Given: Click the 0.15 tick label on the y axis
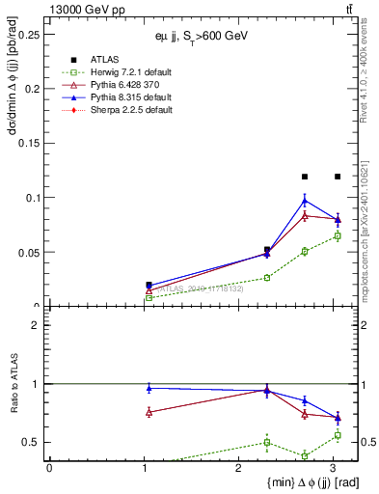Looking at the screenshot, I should tap(31, 143).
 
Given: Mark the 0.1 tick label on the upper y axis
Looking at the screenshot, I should tap(34, 198).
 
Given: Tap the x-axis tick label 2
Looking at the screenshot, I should tap(239, 468).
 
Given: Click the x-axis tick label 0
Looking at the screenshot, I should tap(49, 468).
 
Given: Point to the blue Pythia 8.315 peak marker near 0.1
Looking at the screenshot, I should tap(305, 200).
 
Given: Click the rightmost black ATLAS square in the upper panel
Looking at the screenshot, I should tap(338, 177).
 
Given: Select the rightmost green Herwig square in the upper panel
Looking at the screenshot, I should tap(338, 235).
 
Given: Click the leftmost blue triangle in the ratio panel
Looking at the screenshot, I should tap(149, 388).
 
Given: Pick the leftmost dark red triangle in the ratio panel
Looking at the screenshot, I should tap(149, 412).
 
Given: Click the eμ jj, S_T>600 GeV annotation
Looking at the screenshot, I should tap(203, 36).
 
